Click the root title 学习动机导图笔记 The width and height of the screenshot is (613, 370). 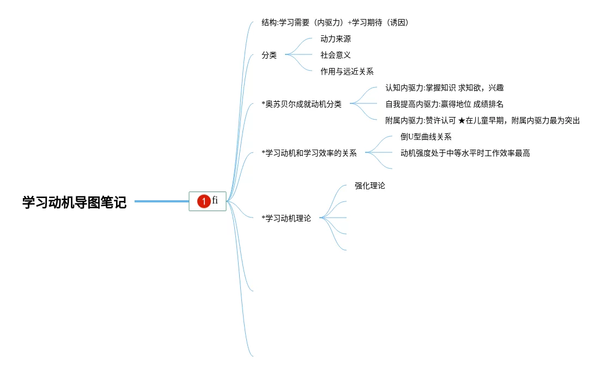[74, 202]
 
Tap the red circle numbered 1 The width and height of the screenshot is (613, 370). [204, 201]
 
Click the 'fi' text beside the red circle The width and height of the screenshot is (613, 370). [215, 200]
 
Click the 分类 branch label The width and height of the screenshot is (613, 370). [269, 55]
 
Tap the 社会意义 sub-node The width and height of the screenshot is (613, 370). [336, 55]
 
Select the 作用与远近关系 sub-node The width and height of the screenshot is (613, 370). [347, 71]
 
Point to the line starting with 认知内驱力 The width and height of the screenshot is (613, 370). [448, 88]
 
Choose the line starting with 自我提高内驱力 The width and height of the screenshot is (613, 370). [444, 104]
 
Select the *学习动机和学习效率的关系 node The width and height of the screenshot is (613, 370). [309, 153]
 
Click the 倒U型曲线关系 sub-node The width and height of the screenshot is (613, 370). [426, 137]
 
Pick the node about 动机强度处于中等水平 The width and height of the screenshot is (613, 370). [465, 153]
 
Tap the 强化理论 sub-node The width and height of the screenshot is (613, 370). [370, 186]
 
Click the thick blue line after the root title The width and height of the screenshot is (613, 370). [161, 201]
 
